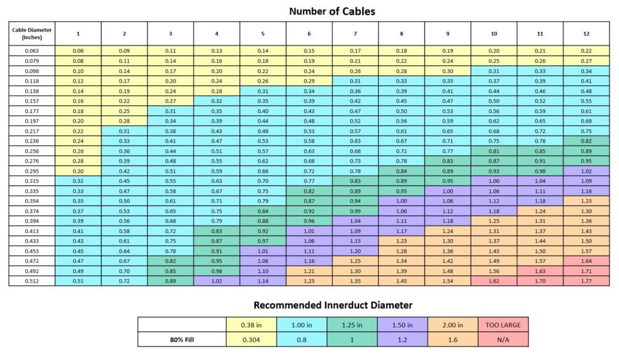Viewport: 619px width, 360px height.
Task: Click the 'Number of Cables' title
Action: [331, 11]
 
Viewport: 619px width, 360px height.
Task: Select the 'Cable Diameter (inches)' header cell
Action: [32, 33]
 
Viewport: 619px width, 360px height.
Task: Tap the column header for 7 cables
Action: [355, 34]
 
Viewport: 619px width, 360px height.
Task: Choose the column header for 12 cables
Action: [586, 34]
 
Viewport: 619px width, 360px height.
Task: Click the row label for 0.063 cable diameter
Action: [32, 51]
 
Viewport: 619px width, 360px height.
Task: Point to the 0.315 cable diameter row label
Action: [32, 181]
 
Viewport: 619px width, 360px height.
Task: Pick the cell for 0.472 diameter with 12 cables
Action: [586, 260]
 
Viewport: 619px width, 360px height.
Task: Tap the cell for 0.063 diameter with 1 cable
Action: [78, 51]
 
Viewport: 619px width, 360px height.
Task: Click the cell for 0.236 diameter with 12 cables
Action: [586, 141]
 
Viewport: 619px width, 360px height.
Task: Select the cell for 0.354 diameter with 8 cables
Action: [401, 201]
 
